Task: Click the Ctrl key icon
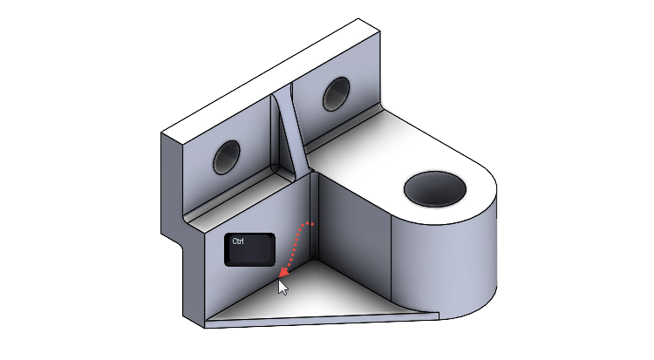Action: (x=250, y=249)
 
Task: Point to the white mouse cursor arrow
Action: (x=283, y=287)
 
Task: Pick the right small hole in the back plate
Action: (x=336, y=93)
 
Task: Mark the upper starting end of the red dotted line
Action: (x=313, y=224)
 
